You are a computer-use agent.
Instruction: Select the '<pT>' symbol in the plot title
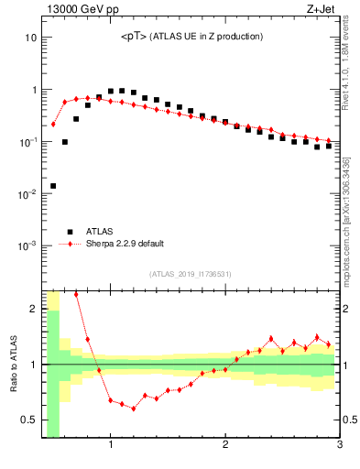135,37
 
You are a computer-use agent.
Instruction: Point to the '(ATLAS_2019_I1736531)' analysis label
191,274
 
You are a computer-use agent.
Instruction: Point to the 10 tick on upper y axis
32,38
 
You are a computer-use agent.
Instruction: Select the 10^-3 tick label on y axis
27,246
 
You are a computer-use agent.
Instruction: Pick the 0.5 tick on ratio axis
29,420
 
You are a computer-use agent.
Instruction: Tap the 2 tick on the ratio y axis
34,309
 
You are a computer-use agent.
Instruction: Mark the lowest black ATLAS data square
53,186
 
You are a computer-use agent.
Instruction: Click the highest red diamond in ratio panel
76,295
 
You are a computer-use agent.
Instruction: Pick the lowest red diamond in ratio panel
134,409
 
